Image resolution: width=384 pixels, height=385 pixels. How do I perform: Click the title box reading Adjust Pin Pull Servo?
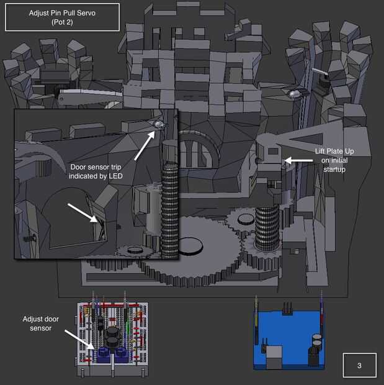(62, 17)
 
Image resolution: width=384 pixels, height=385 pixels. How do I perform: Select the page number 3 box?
(359, 365)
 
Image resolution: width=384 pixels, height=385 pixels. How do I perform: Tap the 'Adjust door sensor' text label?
(41, 324)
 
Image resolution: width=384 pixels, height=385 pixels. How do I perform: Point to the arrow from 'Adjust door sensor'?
(79, 339)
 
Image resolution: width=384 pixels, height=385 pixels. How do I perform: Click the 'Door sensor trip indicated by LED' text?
(96, 171)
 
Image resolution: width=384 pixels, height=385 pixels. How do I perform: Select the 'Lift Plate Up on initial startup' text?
(334, 160)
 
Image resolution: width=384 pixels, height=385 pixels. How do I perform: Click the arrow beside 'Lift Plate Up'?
(298, 161)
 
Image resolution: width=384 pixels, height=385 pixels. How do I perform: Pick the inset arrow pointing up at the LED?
(145, 146)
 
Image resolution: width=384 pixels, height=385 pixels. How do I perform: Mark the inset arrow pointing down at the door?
(83, 212)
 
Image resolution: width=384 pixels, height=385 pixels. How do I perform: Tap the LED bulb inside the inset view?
(159, 125)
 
